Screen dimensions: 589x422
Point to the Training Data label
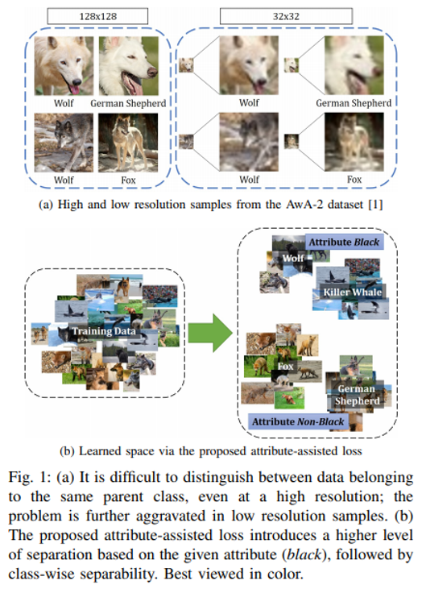pos(104,331)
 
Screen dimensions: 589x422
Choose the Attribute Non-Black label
pos(297,421)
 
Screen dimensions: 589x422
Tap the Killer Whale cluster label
pos(351,292)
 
